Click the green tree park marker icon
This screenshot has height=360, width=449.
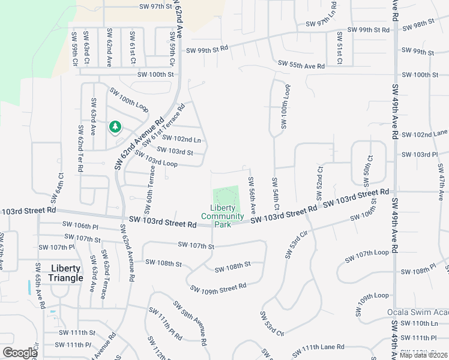tap(115, 127)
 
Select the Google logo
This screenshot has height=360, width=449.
tap(20, 353)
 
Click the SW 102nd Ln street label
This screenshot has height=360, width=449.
tap(181, 139)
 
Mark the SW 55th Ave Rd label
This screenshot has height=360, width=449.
tap(301, 64)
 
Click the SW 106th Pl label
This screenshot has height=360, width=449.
tap(80, 226)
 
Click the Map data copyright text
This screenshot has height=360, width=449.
tap(423, 355)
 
